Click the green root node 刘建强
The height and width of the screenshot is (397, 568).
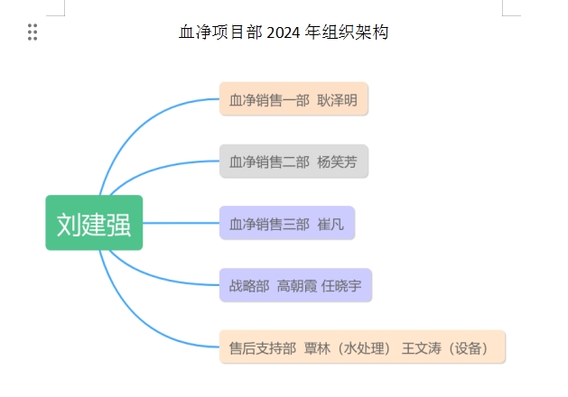click(94, 223)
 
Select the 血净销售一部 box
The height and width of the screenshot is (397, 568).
click(293, 98)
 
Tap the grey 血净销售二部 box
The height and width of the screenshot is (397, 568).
click(293, 161)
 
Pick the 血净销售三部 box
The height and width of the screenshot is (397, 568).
click(287, 223)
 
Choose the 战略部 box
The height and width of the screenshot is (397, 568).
click(295, 285)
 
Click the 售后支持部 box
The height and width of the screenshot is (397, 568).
click(362, 346)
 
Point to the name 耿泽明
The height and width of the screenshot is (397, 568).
click(337, 100)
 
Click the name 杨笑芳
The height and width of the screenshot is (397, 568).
click(337, 162)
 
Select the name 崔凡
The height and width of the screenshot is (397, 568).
click(331, 225)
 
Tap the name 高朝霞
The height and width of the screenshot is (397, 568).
click(297, 286)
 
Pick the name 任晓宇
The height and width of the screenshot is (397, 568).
click(341, 286)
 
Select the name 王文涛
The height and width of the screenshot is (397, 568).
click(422, 348)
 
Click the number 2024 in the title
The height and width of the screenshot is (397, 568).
click(284, 32)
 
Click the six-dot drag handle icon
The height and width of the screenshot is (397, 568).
click(33, 32)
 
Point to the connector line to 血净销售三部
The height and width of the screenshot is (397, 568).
click(182, 223)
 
